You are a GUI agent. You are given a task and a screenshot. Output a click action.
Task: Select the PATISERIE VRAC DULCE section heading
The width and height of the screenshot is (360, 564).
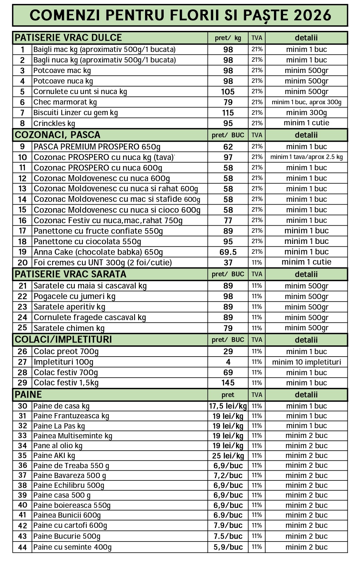click(x=68, y=38)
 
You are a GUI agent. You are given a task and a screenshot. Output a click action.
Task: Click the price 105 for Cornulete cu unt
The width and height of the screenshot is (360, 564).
click(x=228, y=92)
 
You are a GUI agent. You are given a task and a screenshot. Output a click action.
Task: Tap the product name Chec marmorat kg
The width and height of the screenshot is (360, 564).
click(x=65, y=102)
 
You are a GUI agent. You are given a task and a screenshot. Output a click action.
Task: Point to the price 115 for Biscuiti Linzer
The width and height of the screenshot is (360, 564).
click(x=228, y=113)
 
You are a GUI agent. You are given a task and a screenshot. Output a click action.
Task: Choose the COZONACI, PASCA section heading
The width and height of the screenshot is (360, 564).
click(x=58, y=135)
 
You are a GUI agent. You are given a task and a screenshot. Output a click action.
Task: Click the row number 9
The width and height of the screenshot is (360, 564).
click(x=22, y=147)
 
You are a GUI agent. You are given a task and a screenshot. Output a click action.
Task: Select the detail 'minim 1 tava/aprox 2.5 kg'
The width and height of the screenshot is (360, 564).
click(x=306, y=157)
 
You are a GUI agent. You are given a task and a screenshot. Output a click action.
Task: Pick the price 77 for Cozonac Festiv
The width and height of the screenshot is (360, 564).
click(x=228, y=220)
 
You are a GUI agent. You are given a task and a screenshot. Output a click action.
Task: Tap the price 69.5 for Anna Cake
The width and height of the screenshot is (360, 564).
click(x=228, y=252)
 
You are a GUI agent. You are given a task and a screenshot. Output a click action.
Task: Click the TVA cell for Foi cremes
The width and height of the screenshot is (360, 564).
click(x=257, y=263)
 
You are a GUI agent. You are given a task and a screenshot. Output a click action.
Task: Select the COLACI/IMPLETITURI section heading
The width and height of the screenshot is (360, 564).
click(x=63, y=340)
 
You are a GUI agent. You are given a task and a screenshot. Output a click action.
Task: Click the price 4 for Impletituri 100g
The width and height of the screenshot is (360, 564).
click(x=228, y=362)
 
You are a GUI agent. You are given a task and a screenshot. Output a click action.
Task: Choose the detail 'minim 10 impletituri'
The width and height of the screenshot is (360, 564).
click(x=306, y=362)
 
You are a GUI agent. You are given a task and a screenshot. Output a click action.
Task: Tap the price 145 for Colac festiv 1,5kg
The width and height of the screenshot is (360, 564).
click(x=228, y=383)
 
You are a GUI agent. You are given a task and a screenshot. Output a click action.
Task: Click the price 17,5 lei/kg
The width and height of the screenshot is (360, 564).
click(x=228, y=406)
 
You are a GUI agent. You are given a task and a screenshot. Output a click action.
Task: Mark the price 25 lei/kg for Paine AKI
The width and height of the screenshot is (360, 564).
click(x=228, y=456)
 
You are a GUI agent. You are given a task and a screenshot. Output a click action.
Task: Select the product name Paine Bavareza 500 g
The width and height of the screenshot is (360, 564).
click(x=70, y=476)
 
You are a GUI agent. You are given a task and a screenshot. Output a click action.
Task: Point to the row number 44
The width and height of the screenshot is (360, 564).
click(x=22, y=547)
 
